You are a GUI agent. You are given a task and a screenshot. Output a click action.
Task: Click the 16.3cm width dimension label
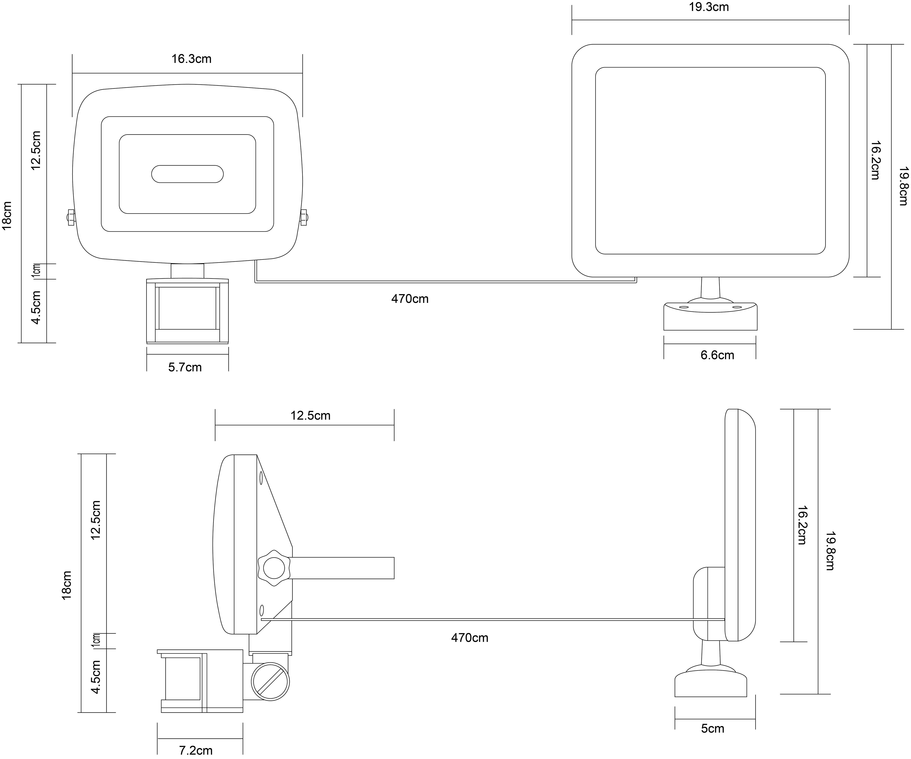[x=191, y=59]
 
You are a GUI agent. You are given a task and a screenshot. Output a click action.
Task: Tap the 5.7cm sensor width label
[x=185, y=367]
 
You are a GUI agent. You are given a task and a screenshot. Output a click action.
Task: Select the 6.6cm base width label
[x=717, y=355]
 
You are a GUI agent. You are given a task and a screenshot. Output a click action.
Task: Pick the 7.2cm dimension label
[x=196, y=750]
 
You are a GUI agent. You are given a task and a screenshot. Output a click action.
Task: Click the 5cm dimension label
[x=713, y=729]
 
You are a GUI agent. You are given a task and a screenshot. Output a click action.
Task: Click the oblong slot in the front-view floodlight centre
[x=187, y=174]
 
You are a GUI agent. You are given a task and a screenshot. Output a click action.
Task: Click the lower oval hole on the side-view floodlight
[x=261, y=611]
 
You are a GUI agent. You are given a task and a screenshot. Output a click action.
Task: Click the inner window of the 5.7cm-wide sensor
[x=187, y=308]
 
